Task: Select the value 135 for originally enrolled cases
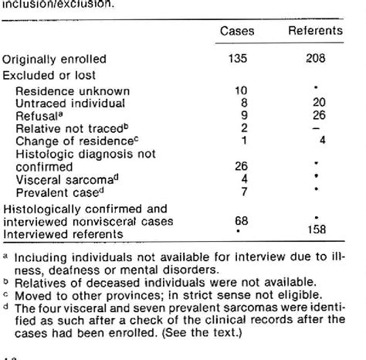(240, 59)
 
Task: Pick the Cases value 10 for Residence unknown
(240, 90)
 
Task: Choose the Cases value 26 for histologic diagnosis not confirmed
(241, 163)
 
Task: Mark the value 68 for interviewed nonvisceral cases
(241, 220)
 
